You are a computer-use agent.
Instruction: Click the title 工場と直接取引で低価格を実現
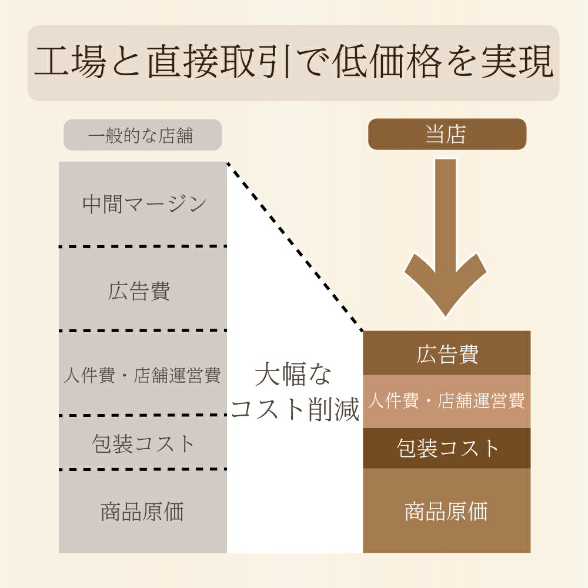coord(293,63)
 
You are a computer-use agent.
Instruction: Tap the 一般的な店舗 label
coord(142,135)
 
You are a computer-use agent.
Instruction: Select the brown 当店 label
coord(447,134)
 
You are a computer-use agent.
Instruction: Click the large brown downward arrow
coord(446,235)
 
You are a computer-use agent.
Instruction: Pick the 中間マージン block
coord(143,204)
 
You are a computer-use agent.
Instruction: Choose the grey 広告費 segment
coord(143,289)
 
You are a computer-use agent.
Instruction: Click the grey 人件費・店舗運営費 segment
coord(143,375)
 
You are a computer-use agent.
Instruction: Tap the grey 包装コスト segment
coord(143,443)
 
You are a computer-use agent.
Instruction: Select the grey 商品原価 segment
coord(143,512)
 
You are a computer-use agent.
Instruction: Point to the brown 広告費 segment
coord(447,353)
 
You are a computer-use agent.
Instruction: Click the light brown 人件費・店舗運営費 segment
coord(447,401)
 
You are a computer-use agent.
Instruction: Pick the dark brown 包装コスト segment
coord(447,448)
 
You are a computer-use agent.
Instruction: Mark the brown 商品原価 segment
coord(447,511)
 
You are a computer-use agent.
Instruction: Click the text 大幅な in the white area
coord(293,375)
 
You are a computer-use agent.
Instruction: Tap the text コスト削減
coord(295,410)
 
